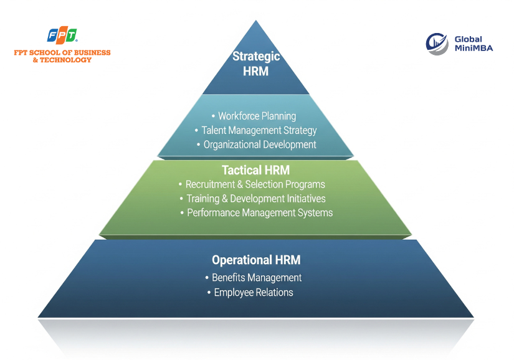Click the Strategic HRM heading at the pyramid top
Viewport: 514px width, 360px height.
pos(256,64)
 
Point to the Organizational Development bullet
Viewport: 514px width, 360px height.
pos(260,144)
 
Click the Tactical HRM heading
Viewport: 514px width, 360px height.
pos(255,170)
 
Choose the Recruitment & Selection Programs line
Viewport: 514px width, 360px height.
pos(255,184)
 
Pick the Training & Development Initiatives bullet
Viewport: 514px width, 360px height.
pos(256,199)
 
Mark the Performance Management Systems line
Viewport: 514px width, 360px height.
pos(260,213)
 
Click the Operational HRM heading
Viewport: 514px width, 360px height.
pos(256,260)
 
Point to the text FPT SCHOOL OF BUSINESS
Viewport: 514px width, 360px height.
pos(62,53)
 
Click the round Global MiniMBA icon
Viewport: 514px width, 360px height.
pos(437,43)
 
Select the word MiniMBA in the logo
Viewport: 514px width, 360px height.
pos(474,48)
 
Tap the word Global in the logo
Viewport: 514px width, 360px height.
pos(468,39)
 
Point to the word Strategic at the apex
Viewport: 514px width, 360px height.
pos(256,57)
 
